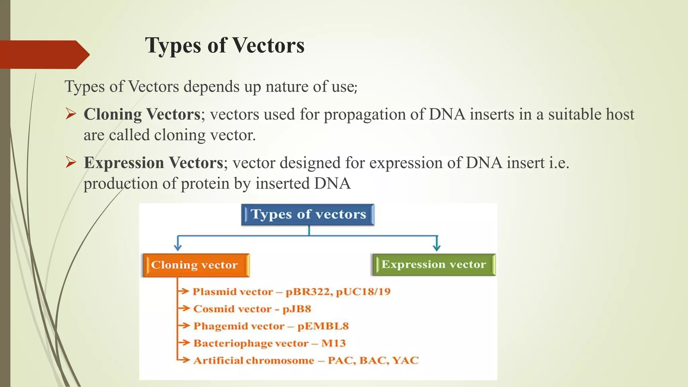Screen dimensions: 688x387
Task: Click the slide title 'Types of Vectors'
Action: point(225,45)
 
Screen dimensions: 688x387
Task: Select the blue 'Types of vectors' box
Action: point(308,215)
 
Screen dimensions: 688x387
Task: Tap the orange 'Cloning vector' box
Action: point(196,265)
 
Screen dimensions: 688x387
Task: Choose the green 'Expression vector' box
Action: point(434,265)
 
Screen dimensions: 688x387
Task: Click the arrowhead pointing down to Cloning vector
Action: point(178,248)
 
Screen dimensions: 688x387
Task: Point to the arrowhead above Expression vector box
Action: point(436,248)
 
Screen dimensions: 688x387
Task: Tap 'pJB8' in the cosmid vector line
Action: point(297,309)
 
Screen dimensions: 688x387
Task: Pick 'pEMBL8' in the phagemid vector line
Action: point(323,326)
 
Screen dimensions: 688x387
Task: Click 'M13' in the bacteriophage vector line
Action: point(333,343)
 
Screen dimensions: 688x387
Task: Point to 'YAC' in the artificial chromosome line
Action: point(405,360)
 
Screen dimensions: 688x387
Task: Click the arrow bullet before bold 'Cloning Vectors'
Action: point(71,114)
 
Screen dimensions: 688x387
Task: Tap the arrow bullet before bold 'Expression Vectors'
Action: point(71,163)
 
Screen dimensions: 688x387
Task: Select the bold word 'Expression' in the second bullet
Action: point(124,163)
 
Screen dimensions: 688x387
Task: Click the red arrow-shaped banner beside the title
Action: point(44,54)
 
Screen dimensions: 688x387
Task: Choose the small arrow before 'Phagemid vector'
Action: point(184,326)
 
